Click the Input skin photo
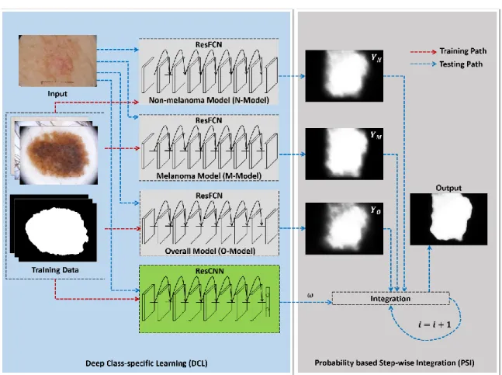pos(57,61)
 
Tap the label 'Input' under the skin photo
pos(57,94)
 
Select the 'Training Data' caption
pos(55,270)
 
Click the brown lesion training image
pos(59,155)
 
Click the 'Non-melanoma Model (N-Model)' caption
pos(209,100)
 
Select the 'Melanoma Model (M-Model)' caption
pos(209,175)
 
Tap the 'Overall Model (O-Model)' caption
pos(209,251)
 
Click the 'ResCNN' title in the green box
pos(209,271)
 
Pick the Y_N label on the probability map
pos(376,58)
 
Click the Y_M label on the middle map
pos(376,135)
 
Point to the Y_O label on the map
pos(376,210)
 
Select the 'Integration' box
pos(390,298)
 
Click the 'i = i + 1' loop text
pos(434,325)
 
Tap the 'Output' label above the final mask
pos(448,188)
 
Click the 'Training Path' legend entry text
pos(463,51)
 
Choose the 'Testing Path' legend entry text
pos(461,64)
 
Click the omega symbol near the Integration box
pos(310,295)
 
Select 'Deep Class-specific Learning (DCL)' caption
pos(147,363)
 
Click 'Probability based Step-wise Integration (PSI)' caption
pos(394,363)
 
